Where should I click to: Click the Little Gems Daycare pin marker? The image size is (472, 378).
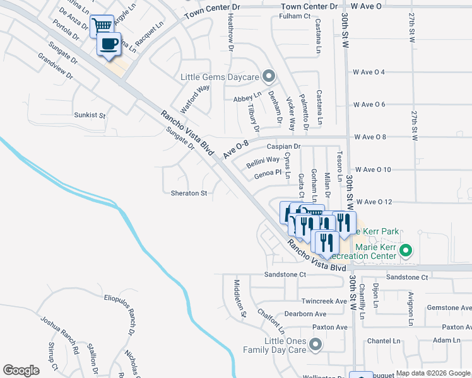click(268, 77)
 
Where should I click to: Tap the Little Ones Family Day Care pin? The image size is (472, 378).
click(316, 345)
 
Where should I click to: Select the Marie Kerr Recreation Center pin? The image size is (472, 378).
click(406, 251)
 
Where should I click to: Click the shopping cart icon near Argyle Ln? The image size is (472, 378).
click(102, 26)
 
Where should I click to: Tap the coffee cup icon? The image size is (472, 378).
click(110, 44)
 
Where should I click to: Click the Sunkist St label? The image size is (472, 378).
click(90, 115)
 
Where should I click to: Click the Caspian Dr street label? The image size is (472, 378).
click(282, 146)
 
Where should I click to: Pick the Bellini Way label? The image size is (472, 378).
click(263, 160)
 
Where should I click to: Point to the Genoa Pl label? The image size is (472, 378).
click(267, 173)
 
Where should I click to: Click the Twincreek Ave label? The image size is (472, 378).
click(324, 301)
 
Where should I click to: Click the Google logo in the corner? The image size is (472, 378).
click(21, 370)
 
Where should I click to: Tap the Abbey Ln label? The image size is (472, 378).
click(247, 98)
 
